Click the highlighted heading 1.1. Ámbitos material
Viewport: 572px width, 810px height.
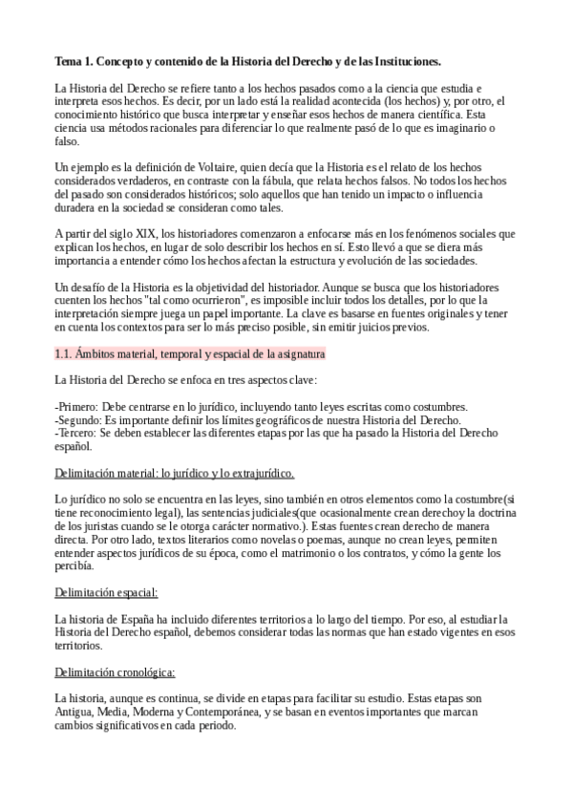(190, 353)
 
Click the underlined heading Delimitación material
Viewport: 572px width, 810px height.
(174, 473)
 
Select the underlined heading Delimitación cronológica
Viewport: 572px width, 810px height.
(115, 671)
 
